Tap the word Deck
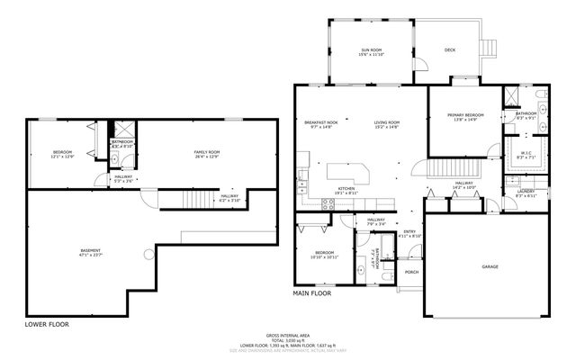tap(450, 49)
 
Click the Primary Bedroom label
tap(466, 115)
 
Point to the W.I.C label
tap(527, 153)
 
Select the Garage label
tap(490, 267)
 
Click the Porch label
tap(411, 272)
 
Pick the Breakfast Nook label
tap(320, 122)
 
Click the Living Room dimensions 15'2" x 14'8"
tap(388, 128)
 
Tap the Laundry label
tap(526, 192)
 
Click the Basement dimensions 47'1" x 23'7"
tap(92, 255)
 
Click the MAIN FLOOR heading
tap(312, 293)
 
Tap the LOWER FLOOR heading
tap(47, 323)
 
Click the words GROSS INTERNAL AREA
tap(287, 334)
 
